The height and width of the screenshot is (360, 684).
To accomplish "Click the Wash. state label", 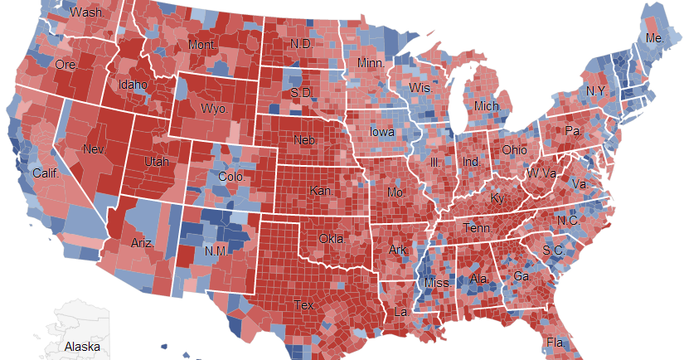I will tap(87, 13).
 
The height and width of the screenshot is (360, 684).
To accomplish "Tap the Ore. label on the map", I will tap(65, 64).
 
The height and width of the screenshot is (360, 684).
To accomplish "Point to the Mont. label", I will tap(202, 45).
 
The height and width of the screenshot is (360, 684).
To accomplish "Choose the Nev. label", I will tap(95, 149).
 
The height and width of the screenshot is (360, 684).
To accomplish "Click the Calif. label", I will tap(45, 173).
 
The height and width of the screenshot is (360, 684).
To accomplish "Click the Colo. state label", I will tap(231, 177).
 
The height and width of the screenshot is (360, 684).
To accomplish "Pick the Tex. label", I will tap(304, 305).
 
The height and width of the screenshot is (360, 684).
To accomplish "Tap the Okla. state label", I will tap(333, 239).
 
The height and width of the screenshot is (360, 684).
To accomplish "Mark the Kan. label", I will tap(322, 191).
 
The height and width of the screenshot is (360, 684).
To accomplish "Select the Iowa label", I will tap(382, 132).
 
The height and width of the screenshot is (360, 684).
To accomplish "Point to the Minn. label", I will tap(370, 64).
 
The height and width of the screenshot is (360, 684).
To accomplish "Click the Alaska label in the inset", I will tap(82, 346).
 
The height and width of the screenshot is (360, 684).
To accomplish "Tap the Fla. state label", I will tap(555, 343).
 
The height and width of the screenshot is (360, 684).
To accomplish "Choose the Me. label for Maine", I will tap(654, 38).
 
